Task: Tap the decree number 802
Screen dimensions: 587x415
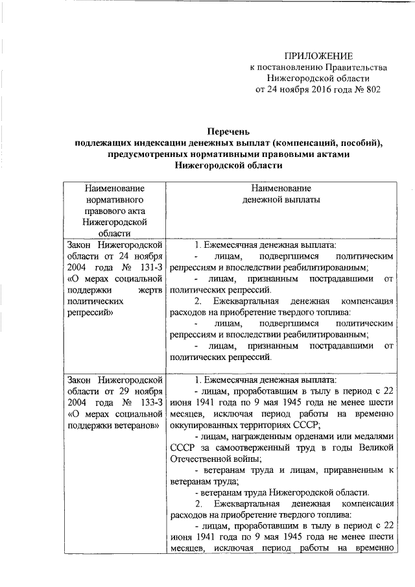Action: point(371,89)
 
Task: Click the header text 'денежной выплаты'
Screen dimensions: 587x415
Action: point(281,200)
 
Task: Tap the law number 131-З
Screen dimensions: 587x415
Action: point(147,269)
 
